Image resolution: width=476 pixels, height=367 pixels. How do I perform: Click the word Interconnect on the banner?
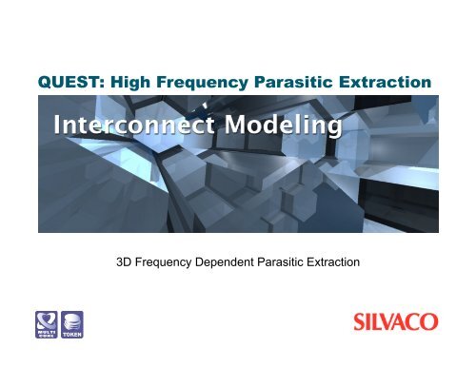pos(128,125)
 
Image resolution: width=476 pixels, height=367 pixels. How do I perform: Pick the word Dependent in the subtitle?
pos(238,257)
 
